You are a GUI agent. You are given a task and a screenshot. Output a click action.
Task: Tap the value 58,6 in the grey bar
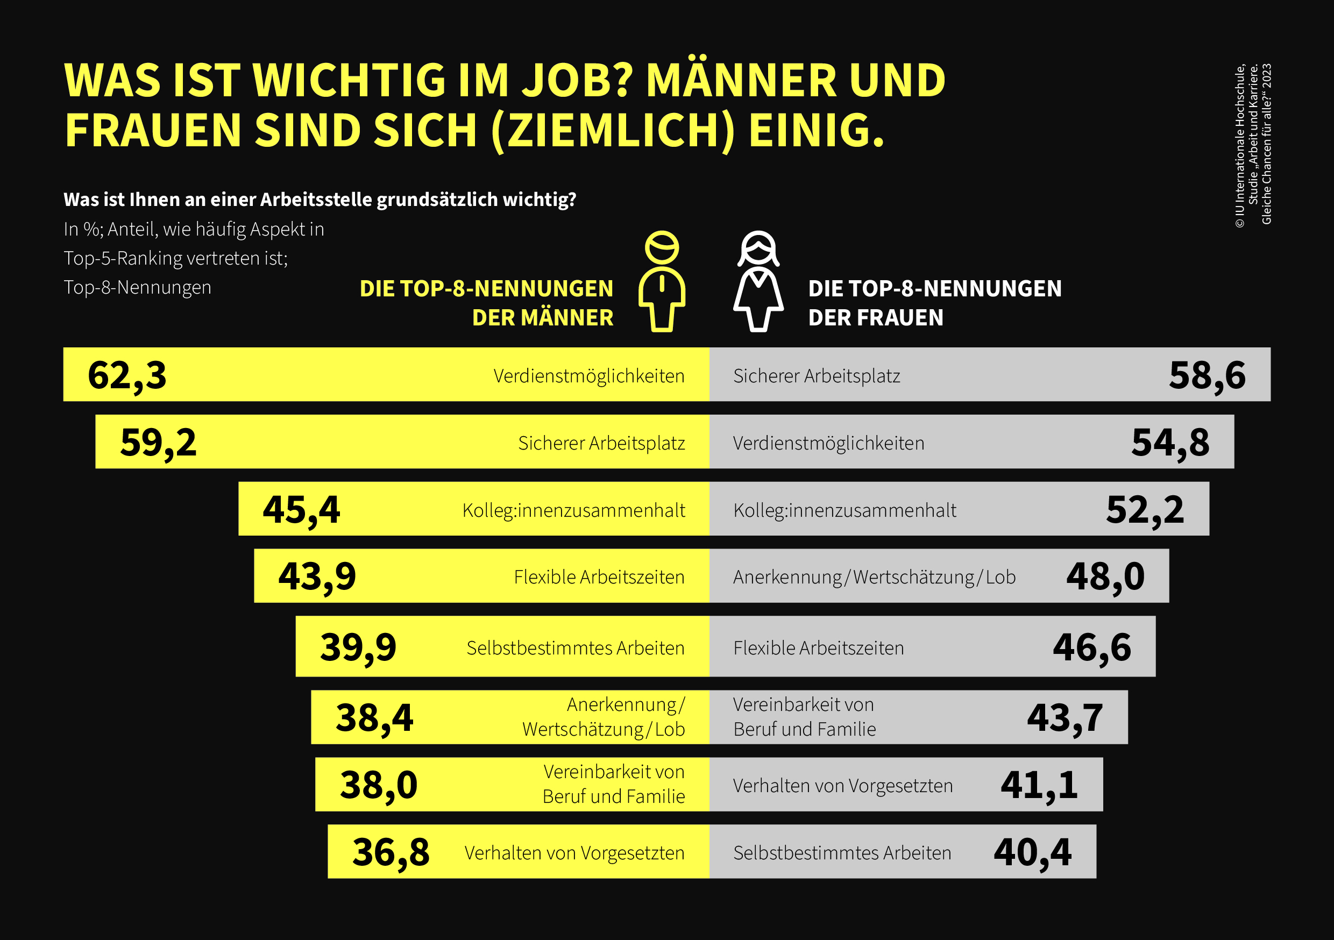[1207, 375]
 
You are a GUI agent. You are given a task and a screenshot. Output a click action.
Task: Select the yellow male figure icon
[662, 282]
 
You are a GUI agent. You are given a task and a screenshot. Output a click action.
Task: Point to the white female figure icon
[758, 282]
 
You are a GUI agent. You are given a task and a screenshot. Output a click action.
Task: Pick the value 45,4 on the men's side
[301, 510]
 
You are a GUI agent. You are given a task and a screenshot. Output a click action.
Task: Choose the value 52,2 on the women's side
[1145, 510]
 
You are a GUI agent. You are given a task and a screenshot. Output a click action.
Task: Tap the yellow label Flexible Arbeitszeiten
[599, 578]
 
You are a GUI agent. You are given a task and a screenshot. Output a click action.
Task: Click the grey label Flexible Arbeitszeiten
[818, 648]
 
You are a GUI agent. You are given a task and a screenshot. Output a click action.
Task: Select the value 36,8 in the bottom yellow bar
[391, 852]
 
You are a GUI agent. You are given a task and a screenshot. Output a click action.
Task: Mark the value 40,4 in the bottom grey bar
[1032, 852]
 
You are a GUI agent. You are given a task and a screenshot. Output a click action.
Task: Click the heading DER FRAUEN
[875, 318]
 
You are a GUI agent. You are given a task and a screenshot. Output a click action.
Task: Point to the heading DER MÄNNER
[543, 318]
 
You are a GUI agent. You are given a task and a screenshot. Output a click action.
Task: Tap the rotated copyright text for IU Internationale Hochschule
[1240, 145]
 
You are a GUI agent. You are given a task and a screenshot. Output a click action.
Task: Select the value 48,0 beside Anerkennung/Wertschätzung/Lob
[1105, 577]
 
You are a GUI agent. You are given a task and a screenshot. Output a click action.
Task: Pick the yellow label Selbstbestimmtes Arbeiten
[575, 648]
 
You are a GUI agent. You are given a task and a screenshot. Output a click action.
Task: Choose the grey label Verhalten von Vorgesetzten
[842, 786]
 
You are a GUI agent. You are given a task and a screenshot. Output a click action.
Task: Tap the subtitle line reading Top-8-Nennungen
[138, 288]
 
